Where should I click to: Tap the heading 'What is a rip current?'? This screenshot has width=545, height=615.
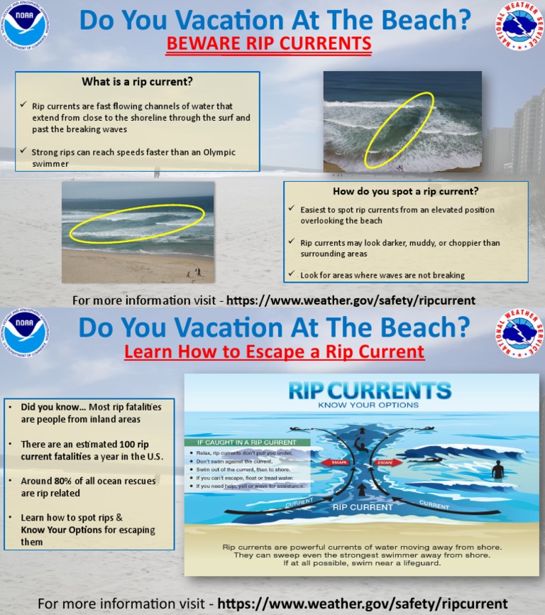click(x=137, y=81)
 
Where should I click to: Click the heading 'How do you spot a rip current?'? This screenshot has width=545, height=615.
click(x=405, y=191)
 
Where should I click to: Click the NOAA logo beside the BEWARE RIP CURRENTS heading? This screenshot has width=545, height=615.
click(x=26, y=25)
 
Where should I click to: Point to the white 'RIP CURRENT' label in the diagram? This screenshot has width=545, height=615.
click(x=363, y=507)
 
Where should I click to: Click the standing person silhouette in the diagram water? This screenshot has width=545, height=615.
click(x=497, y=469)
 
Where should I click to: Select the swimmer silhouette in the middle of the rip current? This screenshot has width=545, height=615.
click(x=360, y=447)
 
